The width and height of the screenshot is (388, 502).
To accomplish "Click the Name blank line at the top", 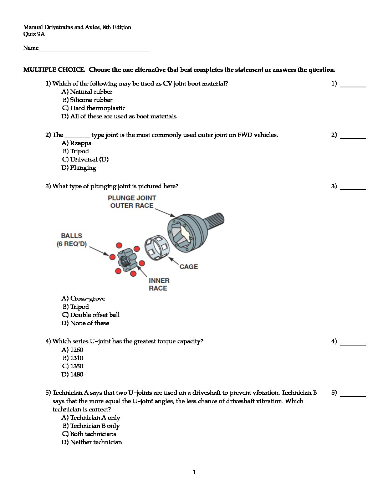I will (94, 50).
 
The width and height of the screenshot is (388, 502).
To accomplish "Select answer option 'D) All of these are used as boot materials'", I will (119, 116).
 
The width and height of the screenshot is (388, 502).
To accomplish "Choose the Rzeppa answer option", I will (76, 143).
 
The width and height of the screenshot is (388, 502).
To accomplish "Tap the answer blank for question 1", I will (353, 85).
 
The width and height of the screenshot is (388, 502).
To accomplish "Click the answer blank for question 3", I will (353, 188).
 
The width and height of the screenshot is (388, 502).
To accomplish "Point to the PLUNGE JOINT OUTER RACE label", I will (132, 202).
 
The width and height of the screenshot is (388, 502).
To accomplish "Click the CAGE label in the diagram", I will (189, 267).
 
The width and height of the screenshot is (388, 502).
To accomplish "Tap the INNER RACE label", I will (159, 285).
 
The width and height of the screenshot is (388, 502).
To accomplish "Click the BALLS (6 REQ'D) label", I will (72, 240).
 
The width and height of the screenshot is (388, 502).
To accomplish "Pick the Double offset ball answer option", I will (91, 315).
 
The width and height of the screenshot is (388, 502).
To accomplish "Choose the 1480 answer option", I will (72, 374).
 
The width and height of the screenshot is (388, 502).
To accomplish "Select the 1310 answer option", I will (73, 358).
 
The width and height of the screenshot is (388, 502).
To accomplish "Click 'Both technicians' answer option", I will (89, 434).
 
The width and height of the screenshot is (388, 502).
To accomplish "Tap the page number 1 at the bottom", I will (194, 472).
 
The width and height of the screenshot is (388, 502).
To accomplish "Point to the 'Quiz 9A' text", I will (34, 34).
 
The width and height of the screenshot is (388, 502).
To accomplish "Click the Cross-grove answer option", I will (83, 298).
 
